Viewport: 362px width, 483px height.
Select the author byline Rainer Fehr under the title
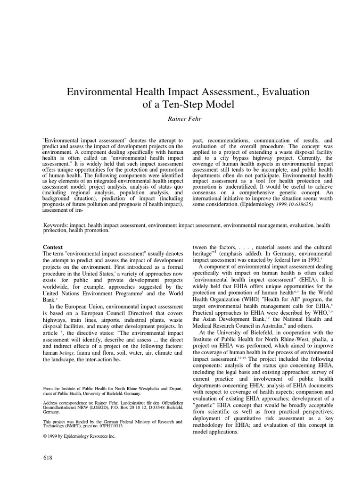coord(181,118)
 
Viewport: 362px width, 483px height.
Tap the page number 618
coord(48,458)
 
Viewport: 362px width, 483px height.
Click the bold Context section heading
coord(53,247)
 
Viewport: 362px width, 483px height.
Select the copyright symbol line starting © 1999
coord(79,436)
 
